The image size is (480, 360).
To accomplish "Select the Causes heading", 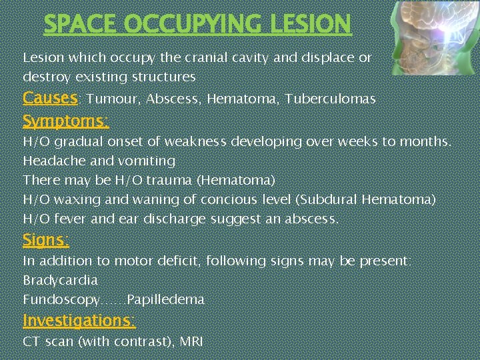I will pyautogui.click(x=50, y=99).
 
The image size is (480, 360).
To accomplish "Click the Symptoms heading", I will pyautogui.click(x=65, y=121).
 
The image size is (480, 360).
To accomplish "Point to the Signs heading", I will pyautogui.click(x=45, y=239).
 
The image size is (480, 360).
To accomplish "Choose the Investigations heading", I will pyautogui.click(x=79, y=321).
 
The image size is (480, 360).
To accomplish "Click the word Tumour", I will pyautogui.click(x=113, y=100).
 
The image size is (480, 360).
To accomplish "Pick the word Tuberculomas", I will pyautogui.click(x=330, y=100).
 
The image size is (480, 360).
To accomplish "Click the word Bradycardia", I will pyautogui.click(x=60, y=280).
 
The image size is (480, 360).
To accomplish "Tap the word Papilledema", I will pyautogui.click(x=165, y=300).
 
